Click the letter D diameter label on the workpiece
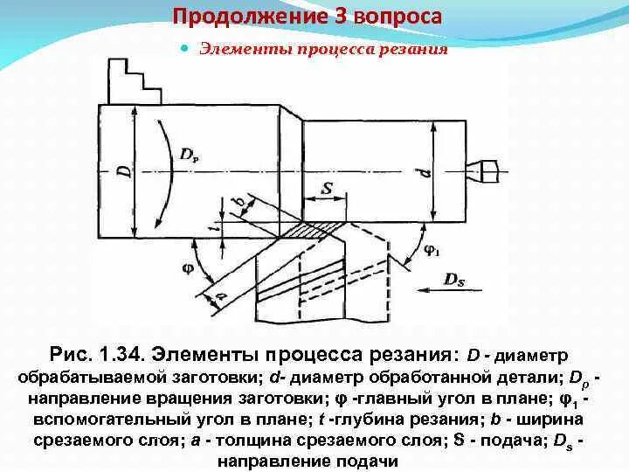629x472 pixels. (125, 168)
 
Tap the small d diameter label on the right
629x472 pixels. (426, 172)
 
